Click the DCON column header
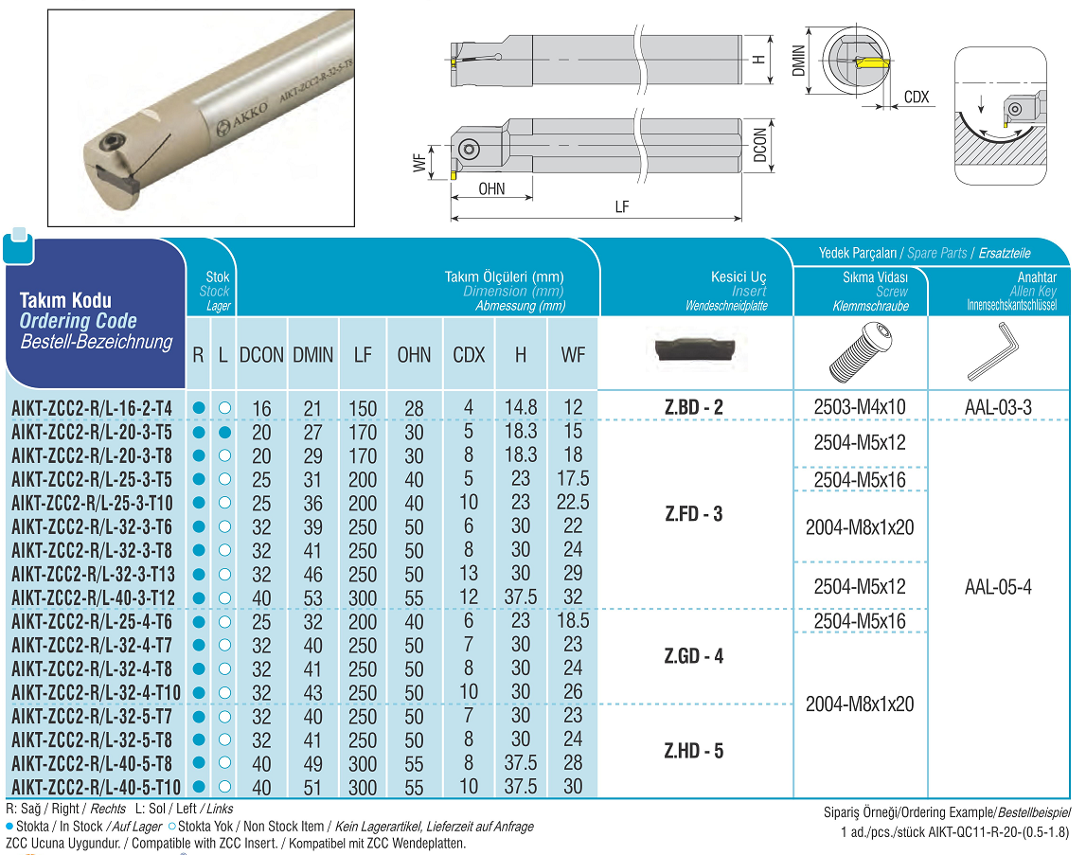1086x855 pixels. (261, 355)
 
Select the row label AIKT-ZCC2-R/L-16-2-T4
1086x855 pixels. (92, 408)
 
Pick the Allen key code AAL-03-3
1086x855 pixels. (998, 407)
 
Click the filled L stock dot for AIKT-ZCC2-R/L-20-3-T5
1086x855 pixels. (223, 432)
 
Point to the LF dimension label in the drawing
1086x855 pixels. (621, 207)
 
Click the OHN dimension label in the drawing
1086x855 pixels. (491, 188)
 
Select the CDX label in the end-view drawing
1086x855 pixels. (917, 97)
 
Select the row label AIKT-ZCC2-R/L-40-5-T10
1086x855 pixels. (96, 787)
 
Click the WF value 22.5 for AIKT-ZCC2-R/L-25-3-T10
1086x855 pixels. (573, 502)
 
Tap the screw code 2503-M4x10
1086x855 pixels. (860, 407)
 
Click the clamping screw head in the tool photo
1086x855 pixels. (112, 144)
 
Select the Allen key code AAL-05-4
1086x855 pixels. (998, 586)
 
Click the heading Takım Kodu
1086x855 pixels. (65, 300)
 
